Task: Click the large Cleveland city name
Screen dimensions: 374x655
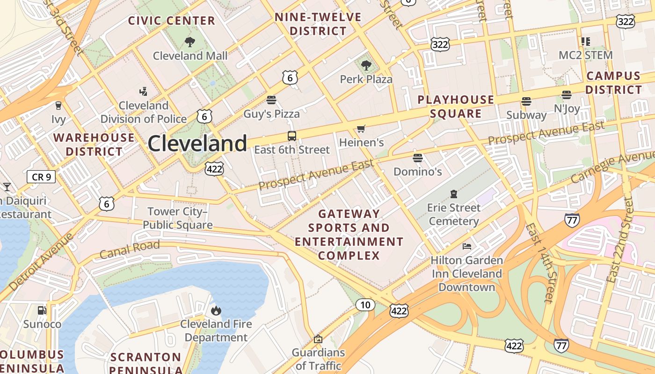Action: point(197,143)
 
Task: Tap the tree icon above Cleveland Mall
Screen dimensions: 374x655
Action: point(190,42)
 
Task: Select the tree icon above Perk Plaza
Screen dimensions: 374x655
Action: point(366,65)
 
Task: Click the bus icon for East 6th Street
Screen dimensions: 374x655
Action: point(292,136)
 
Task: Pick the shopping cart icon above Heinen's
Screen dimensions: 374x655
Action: point(361,129)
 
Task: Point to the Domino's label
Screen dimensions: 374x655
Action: point(417,172)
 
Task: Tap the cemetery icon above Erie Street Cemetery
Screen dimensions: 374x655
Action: point(453,194)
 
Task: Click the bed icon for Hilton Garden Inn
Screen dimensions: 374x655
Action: point(466,246)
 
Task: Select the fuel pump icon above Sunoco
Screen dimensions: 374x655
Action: point(42,310)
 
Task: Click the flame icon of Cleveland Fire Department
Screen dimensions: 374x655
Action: point(216,310)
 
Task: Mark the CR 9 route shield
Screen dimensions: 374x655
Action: point(41,177)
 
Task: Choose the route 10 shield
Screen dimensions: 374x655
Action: point(365,305)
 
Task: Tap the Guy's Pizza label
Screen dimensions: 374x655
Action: point(271,113)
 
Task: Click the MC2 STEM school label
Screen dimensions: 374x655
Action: point(586,55)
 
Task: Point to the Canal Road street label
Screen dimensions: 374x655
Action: point(130,249)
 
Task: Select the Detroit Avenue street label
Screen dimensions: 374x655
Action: point(41,261)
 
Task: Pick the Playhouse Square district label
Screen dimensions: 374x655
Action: point(456,107)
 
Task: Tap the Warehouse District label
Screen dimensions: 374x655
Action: point(94,144)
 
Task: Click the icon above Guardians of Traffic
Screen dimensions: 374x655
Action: point(318,339)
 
